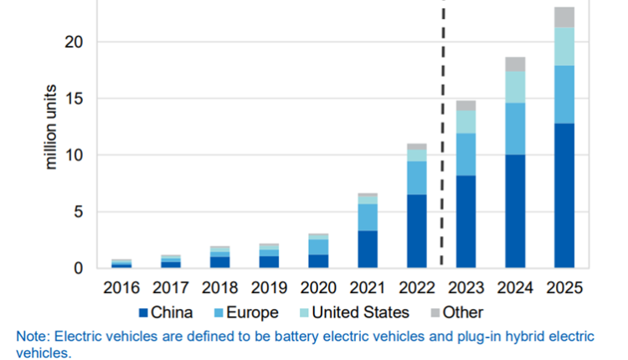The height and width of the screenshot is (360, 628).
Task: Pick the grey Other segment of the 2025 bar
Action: (564, 17)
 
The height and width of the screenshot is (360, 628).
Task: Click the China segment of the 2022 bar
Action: (416, 231)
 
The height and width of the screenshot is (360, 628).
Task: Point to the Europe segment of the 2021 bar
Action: (367, 217)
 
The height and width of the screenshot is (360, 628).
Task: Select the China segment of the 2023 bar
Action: (466, 222)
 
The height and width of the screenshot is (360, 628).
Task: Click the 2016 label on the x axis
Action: (121, 288)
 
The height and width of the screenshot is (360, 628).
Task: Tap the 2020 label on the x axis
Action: (318, 288)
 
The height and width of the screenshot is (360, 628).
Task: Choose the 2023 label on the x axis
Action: (466, 288)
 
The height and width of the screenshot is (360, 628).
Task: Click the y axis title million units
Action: (51, 126)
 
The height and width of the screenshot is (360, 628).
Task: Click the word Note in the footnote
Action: (32, 337)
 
